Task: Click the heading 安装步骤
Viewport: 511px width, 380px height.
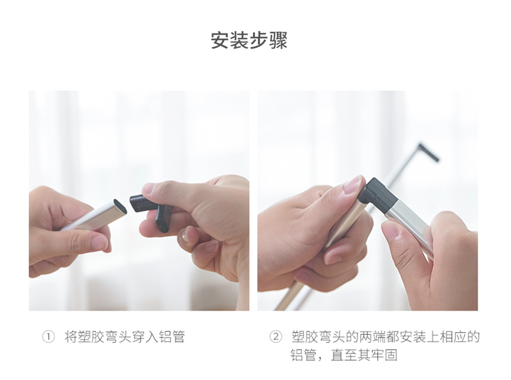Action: click(x=249, y=40)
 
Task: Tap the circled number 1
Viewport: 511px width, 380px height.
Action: click(x=48, y=337)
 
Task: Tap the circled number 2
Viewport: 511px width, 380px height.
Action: click(x=275, y=337)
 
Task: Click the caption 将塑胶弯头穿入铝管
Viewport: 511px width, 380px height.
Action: click(x=124, y=337)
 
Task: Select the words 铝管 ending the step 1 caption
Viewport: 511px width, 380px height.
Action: click(x=172, y=337)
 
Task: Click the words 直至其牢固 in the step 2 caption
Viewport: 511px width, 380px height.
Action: click(x=364, y=355)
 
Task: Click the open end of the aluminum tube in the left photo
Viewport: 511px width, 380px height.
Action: click(x=120, y=206)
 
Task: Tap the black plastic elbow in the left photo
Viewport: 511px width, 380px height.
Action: click(x=150, y=210)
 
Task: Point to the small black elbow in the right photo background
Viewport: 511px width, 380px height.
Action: click(x=428, y=152)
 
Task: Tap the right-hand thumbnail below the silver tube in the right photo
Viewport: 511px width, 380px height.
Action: click(x=391, y=231)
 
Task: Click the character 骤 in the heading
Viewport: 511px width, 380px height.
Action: click(x=278, y=40)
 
